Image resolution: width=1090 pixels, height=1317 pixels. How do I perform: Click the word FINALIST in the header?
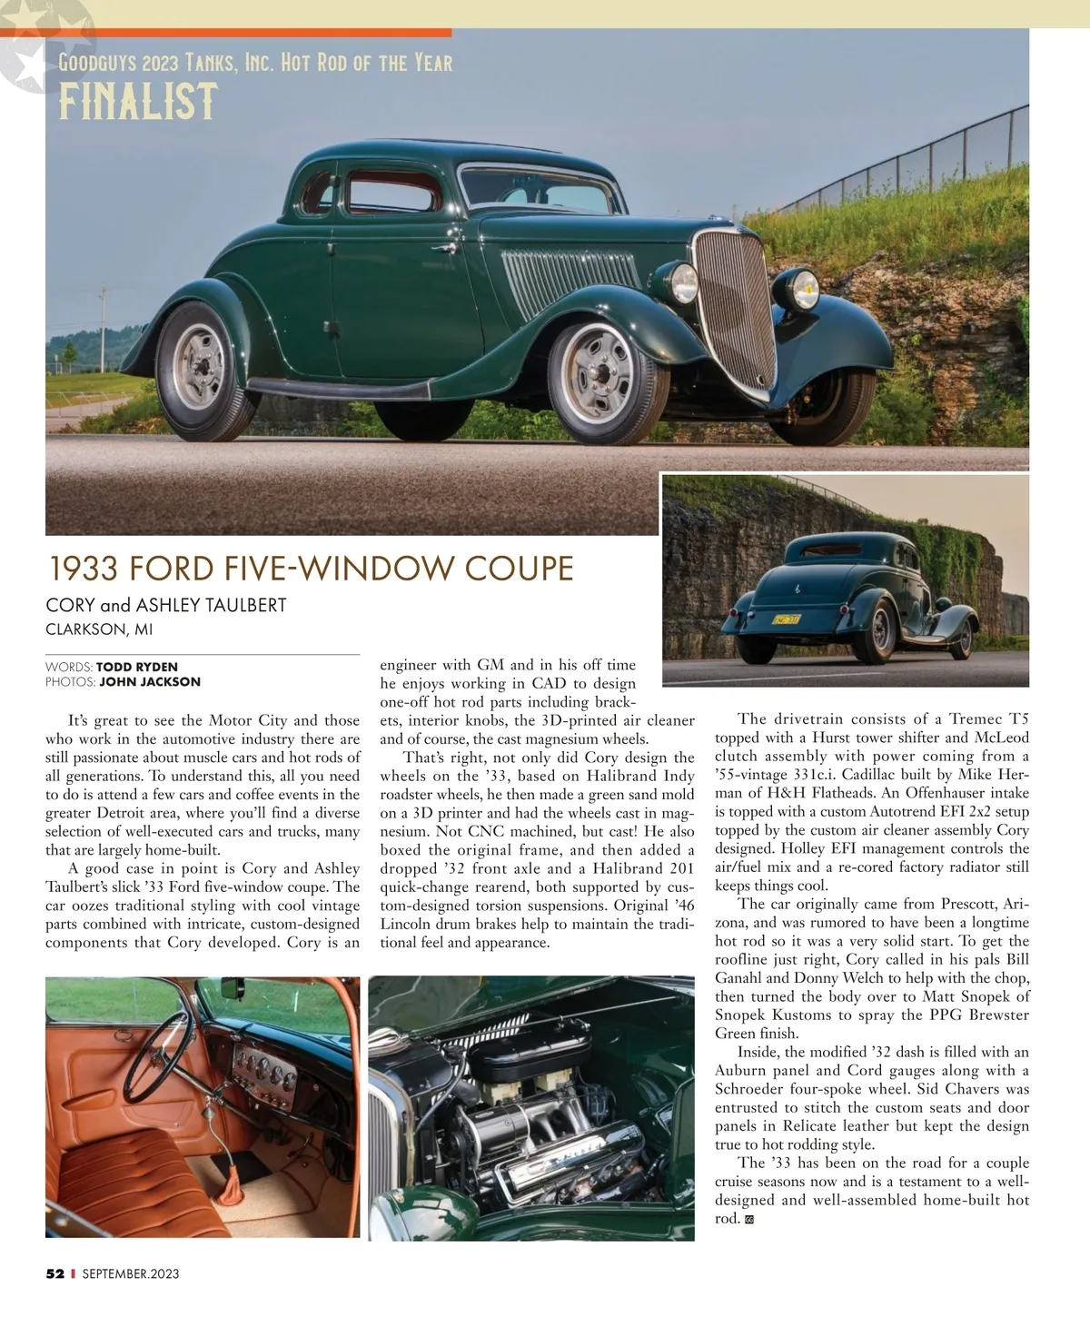coord(138,102)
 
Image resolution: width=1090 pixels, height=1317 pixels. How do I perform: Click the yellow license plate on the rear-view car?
coord(785,619)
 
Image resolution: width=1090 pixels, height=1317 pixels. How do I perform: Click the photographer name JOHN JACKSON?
coord(150,681)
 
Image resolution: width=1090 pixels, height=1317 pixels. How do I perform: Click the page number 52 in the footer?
coord(55,1273)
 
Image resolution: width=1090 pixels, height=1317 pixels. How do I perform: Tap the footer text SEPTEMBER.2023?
coord(131,1273)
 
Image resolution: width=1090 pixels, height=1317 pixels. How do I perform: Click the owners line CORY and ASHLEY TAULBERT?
coord(166,605)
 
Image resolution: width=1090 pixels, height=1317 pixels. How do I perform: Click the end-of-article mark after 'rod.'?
coord(749,1220)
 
